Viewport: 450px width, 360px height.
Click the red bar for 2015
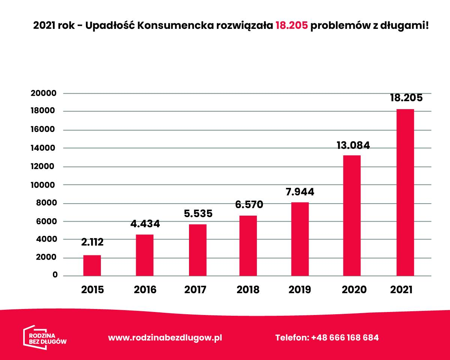tap(92, 265)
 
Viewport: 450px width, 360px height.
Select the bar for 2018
tap(248, 246)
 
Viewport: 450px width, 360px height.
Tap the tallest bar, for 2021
tap(405, 192)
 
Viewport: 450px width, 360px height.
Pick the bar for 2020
tap(352, 216)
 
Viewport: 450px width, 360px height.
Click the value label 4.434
tap(145, 224)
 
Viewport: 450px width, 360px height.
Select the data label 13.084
tap(352, 145)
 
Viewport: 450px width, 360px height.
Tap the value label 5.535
tap(198, 214)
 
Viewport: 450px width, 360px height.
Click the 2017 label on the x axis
tap(196, 290)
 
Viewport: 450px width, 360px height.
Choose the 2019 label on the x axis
tap(300, 290)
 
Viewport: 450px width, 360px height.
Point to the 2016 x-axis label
tap(145, 290)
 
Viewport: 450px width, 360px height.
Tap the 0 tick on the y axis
tap(55, 275)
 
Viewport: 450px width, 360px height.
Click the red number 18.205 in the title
tap(292, 25)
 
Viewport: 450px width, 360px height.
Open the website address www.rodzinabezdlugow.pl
tap(165, 337)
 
